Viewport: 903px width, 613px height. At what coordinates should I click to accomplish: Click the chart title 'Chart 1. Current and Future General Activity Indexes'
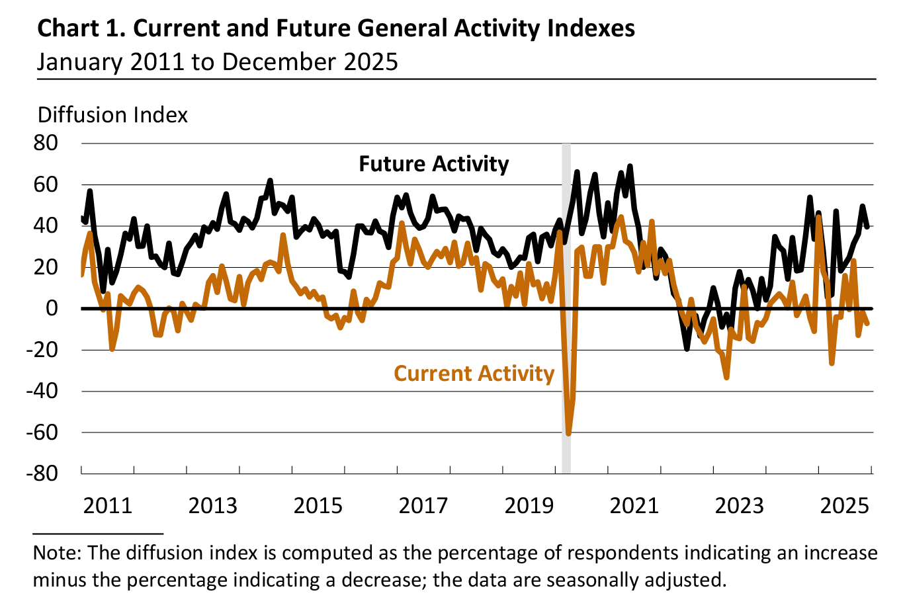point(336,28)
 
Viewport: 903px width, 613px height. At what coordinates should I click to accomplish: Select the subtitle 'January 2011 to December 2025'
point(217,61)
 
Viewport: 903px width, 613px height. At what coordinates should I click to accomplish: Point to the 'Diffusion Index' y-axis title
point(112,114)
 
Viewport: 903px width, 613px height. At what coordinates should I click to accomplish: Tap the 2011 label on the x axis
point(108,506)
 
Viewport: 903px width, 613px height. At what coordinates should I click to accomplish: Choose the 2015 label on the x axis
point(318,506)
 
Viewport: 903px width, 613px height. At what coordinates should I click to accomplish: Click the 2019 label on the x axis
point(529,506)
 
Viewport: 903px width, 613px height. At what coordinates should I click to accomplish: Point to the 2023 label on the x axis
point(739,506)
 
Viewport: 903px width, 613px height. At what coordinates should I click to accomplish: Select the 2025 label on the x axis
point(844,506)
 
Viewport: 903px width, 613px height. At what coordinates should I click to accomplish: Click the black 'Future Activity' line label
point(434,164)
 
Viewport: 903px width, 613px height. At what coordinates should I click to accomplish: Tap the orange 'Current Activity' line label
point(474,374)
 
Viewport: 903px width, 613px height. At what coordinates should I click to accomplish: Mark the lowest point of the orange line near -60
point(568,433)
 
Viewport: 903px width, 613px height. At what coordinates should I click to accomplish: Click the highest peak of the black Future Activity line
point(630,166)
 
